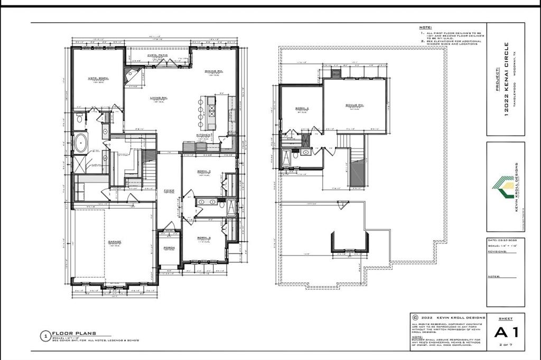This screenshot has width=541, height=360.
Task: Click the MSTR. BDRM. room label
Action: [x=98, y=79]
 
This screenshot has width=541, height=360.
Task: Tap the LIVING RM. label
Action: [x=158, y=98]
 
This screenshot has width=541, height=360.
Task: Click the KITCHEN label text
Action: [x=204, y=135]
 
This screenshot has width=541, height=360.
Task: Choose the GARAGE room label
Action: [x=115, y=242]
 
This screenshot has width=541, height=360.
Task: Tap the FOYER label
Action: [x=169, y=191]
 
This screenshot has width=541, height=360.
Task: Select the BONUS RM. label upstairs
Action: [x=355, y=106]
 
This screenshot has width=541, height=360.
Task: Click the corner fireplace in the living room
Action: [x=130, y=76]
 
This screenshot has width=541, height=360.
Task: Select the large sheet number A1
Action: [x=506, y=333]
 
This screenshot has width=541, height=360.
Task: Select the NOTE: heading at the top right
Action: [x=426, y=27]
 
